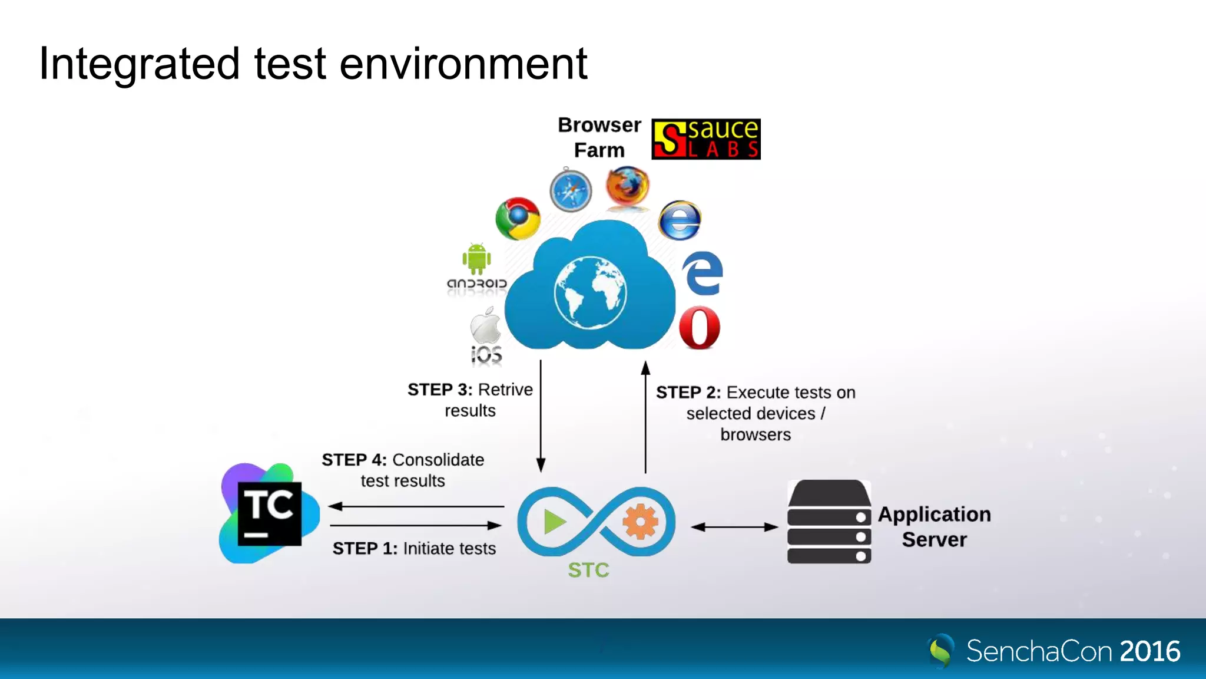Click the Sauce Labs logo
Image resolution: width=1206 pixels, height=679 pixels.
point(705,139)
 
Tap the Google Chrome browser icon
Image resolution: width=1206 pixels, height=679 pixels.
point(518,219)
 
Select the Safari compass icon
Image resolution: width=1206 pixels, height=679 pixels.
point(571,190)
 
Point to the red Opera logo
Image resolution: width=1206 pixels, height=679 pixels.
point(700,328)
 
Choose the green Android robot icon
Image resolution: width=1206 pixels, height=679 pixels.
point(476,258)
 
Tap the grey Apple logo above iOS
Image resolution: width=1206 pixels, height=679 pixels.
point(485,326)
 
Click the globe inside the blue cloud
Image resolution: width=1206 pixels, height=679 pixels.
point(590,293)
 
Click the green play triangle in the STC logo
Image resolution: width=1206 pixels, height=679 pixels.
point(554,522)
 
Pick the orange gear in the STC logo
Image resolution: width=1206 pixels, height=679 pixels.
point(640,522)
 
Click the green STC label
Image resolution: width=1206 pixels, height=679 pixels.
point(588,570)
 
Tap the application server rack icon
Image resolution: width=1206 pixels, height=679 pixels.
point(829,522)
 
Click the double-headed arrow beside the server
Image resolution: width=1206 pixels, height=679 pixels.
point(734,527)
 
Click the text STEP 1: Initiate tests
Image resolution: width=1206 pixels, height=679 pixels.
point(414,549)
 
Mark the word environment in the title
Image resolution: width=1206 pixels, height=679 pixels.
point(463,64)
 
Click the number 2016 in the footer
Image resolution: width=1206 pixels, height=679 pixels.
point(1149,651)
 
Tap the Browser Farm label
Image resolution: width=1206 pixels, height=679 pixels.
point(599,137)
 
